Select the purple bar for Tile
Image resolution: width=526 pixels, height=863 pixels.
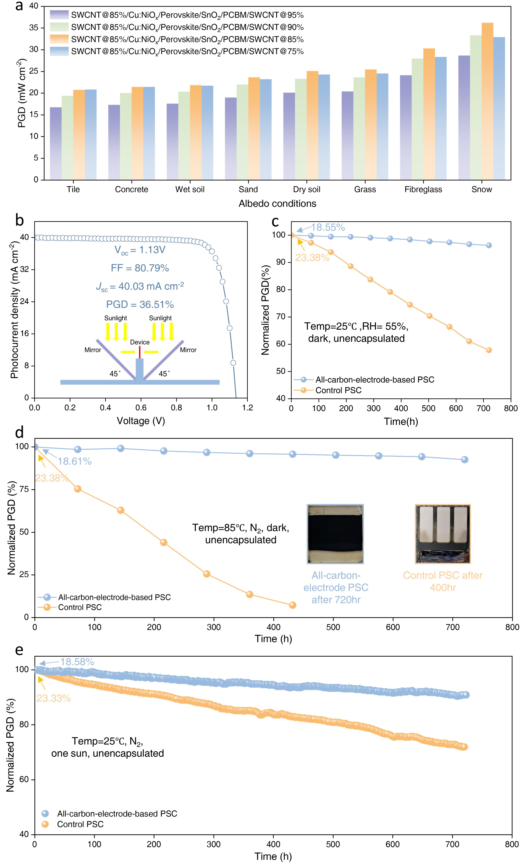point(56,144)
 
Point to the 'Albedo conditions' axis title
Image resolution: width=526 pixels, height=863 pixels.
point(277,203)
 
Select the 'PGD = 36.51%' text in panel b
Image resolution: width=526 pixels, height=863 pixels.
point(140,304)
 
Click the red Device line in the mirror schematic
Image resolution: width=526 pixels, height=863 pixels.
point(139,352)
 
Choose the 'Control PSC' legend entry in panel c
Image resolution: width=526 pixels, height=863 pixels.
point(338,390)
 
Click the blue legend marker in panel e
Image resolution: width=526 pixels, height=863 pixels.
point(45,813)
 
